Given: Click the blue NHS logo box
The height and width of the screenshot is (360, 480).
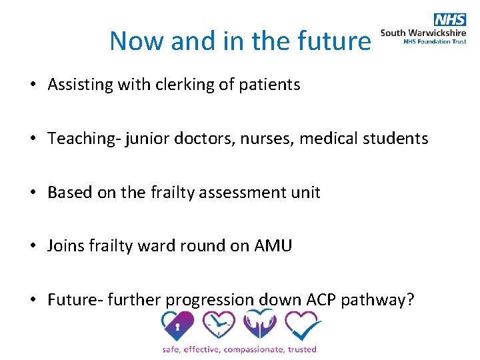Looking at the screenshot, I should coord(449,19).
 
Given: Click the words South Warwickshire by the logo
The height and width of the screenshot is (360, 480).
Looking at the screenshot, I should coord(423,32).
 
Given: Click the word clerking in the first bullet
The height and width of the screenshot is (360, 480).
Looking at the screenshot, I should coord(180,85).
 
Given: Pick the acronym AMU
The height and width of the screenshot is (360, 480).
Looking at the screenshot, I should coord(273,246).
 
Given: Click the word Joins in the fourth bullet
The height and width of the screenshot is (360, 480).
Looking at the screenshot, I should coord(66,246).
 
